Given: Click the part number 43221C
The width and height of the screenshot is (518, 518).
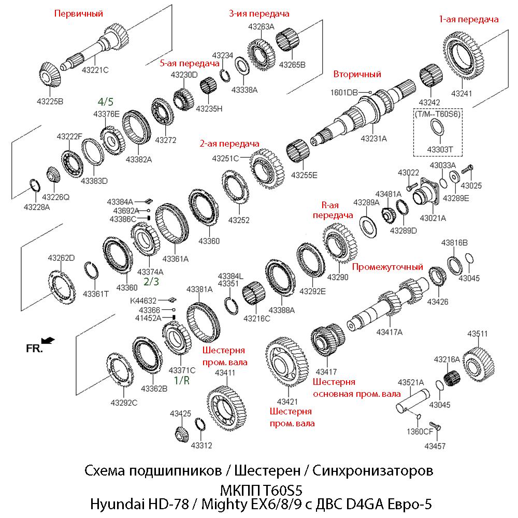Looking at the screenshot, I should pos(94,70).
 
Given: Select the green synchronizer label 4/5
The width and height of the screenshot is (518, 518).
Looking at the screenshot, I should pos(106,101).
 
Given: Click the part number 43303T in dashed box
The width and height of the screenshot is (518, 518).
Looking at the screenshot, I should pos(440,150).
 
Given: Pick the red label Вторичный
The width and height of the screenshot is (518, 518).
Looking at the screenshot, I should pos(357,74).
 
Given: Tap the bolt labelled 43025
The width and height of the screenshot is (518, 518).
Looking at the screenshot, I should pos(465,168).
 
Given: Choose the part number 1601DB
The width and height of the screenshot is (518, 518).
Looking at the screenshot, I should pos(344,92).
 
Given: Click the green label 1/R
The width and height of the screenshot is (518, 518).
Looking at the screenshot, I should pos(181,380).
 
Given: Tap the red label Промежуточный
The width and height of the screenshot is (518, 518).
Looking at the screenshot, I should pos(387,267).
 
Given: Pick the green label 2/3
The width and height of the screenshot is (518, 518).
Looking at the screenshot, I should pos(151,281).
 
